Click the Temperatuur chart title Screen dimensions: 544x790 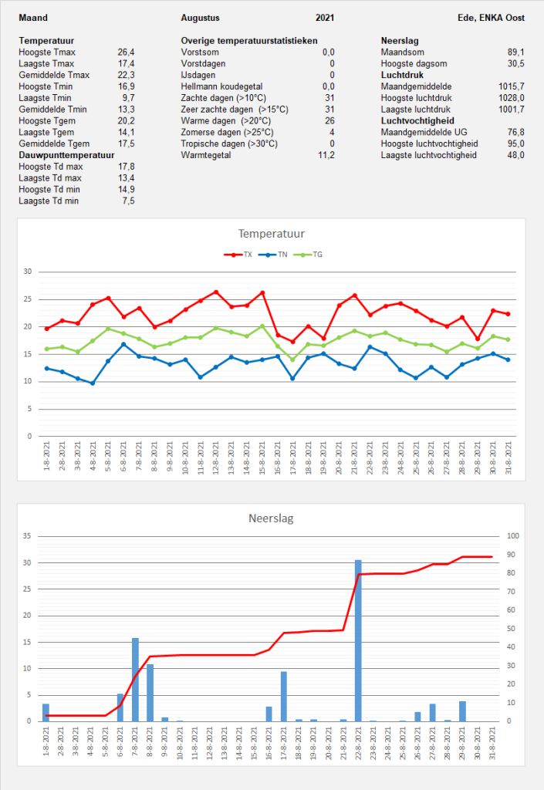271,234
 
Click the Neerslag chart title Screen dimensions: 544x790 271,518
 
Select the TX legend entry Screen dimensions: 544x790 238,255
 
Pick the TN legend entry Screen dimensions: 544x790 273,255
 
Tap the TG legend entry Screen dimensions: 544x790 308,255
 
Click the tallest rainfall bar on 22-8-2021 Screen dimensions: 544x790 358,640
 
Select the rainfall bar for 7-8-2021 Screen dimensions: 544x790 135,680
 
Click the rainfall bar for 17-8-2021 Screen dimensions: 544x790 284,697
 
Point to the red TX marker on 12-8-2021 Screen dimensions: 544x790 216,292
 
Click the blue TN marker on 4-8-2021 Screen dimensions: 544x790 93,383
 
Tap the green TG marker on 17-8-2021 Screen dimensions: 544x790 292,360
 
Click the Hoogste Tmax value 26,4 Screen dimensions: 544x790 126,52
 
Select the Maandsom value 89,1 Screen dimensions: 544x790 515,52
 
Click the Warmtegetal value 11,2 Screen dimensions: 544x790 326,155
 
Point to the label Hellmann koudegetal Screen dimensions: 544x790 221,86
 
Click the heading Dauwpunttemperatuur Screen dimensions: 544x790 66,155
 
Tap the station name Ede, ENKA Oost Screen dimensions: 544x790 491,18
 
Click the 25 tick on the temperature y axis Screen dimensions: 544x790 28,299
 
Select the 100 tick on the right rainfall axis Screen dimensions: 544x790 513,536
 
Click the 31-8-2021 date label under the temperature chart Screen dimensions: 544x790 509,457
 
